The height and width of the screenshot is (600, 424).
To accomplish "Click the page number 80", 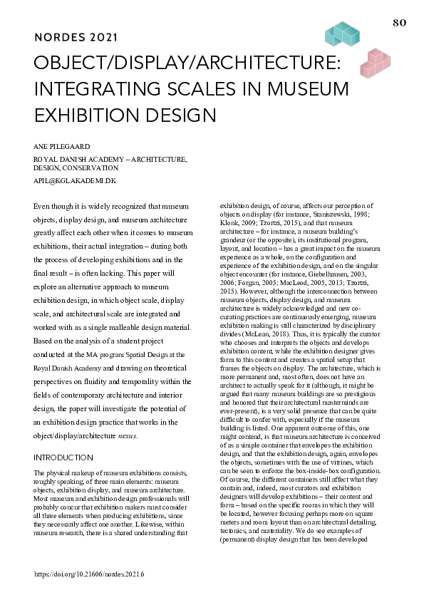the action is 399,23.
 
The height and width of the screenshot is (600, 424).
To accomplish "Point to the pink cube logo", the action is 376,63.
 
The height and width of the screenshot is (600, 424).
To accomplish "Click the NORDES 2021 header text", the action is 76,37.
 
